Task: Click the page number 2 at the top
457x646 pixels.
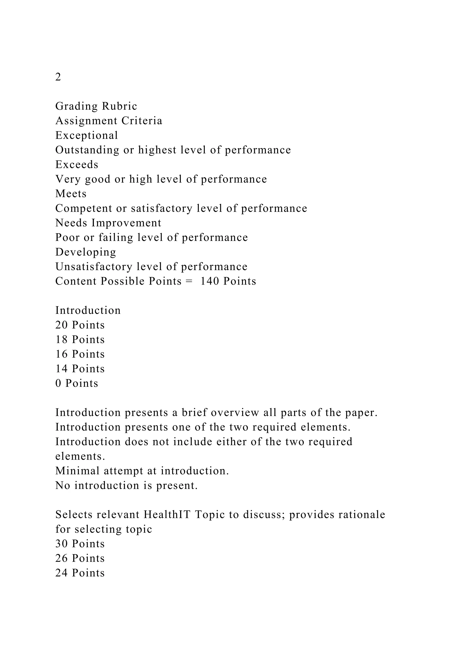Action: (x=58, y=77)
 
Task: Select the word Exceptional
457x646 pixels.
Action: (x=87, y=135)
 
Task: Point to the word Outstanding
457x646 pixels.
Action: (x=87, y=150)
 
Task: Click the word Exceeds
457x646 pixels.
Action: (x=77, y=165)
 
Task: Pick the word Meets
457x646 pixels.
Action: (x=71, y=194)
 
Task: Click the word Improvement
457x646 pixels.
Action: (x=126, y=223)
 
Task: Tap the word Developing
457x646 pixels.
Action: (x=85, y=252)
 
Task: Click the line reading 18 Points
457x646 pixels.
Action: (x=80, y=340)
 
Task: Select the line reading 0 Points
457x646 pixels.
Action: (x=77, y=383)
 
